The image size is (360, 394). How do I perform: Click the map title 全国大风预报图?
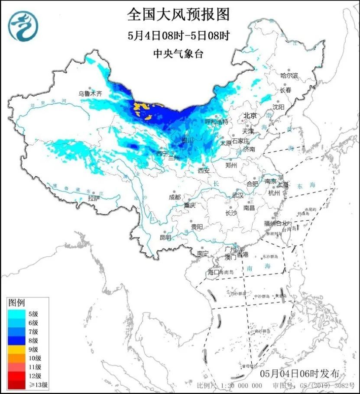(178, 15)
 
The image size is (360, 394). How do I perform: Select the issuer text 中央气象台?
(178, 54)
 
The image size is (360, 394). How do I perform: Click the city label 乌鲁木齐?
(90, 94)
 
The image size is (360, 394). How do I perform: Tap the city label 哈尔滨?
(289, 76)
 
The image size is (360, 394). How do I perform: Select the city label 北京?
(250, 116)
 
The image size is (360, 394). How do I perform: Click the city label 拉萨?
(94, 198)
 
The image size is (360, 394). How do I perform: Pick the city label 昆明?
(165, 237)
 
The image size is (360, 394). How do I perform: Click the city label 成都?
(175, 197)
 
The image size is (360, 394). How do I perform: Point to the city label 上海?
(284, 184)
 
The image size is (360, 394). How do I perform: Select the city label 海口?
(214, 272)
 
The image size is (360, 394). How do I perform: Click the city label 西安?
(204, 171)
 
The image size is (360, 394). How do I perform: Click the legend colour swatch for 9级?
(19, 349)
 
